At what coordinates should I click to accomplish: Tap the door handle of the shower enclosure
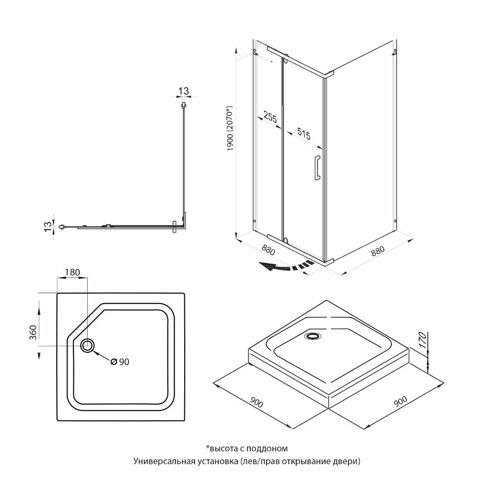pos(316,168)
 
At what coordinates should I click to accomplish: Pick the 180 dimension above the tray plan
pos(71,272)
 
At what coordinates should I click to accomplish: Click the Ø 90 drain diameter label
pos(120,362)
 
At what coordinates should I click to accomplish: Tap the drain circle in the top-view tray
pos(88,346)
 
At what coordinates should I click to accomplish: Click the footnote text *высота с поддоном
pos(246,448)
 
